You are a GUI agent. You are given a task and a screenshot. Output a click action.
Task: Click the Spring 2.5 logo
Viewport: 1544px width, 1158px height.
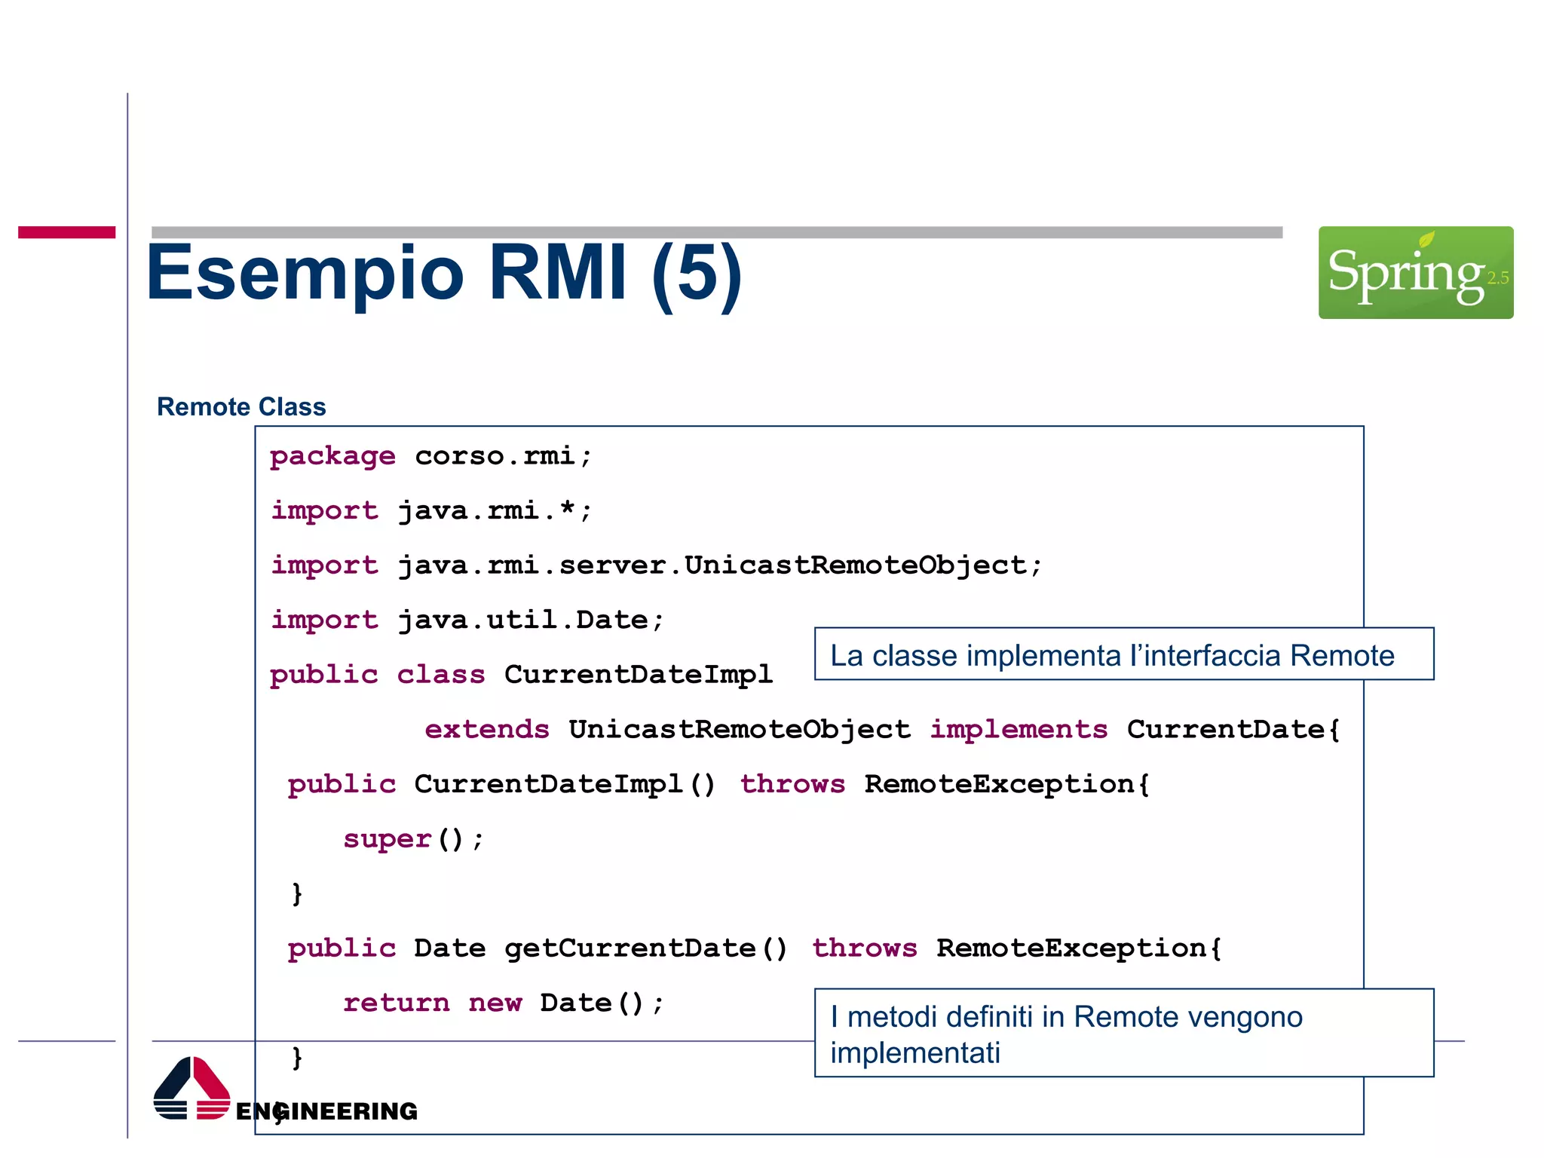1415,272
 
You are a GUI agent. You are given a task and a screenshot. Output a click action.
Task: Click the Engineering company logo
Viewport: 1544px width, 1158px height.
284,1090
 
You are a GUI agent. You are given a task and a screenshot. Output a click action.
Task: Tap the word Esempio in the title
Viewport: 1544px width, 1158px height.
305,273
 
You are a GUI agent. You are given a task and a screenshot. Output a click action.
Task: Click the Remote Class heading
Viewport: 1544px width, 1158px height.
241,407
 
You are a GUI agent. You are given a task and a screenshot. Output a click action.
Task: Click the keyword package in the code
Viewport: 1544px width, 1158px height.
332,456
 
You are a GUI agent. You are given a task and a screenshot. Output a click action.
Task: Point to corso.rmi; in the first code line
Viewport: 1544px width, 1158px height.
503,456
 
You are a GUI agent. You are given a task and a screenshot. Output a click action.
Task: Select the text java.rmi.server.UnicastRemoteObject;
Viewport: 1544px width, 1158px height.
720,565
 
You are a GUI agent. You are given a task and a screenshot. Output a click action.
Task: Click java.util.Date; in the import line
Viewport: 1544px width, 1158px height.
531,620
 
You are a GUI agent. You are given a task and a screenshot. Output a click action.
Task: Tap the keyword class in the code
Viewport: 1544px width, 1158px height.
441,675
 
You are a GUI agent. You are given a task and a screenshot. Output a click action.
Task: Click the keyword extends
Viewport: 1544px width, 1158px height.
487,730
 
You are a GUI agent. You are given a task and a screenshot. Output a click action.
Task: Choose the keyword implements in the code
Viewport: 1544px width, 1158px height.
1019,730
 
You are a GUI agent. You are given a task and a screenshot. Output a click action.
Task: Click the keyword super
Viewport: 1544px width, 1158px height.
388,839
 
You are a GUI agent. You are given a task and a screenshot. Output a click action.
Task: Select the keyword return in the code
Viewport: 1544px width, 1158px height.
397,1003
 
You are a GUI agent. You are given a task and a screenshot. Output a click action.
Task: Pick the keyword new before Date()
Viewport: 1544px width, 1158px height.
495,1003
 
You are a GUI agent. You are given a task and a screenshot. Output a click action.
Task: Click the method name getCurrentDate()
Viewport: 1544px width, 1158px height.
645,948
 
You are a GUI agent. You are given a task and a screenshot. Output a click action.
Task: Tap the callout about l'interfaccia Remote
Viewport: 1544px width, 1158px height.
1123,654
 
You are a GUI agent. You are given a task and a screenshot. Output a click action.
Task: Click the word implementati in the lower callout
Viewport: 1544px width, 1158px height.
915,1053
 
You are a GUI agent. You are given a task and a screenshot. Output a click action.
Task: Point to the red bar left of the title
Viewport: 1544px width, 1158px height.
66,232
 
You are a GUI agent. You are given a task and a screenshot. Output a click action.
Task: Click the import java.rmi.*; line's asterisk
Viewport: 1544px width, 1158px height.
567,510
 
